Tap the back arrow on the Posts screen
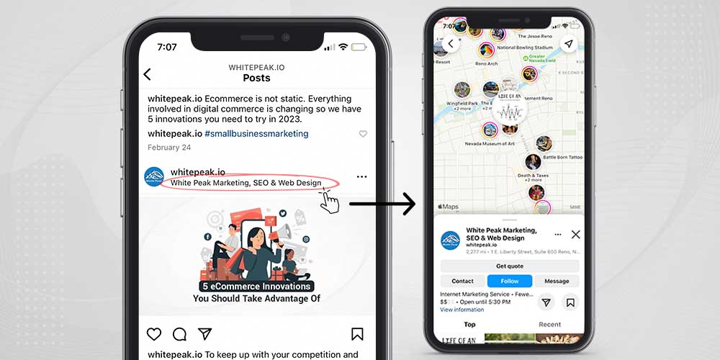click(x=147, y=74)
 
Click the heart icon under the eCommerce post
click(x=154, y=334)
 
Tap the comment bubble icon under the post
click(x=179, y=334)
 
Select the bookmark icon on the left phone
click(x=357, y=334)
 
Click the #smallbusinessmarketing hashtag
click(x=256, y=133)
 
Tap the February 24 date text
click(x=169, y=148)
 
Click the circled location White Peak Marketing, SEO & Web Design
click(x=246, y=183)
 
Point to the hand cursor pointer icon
click(x=330, y=202)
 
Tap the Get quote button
click(x=509, y=266)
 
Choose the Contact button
click(x=462, y=281)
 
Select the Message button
click(x=557, y=281)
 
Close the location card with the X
click(x=575, y=235)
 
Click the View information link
click(x=462, y=310)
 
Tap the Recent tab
click(x=549, y=325)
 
